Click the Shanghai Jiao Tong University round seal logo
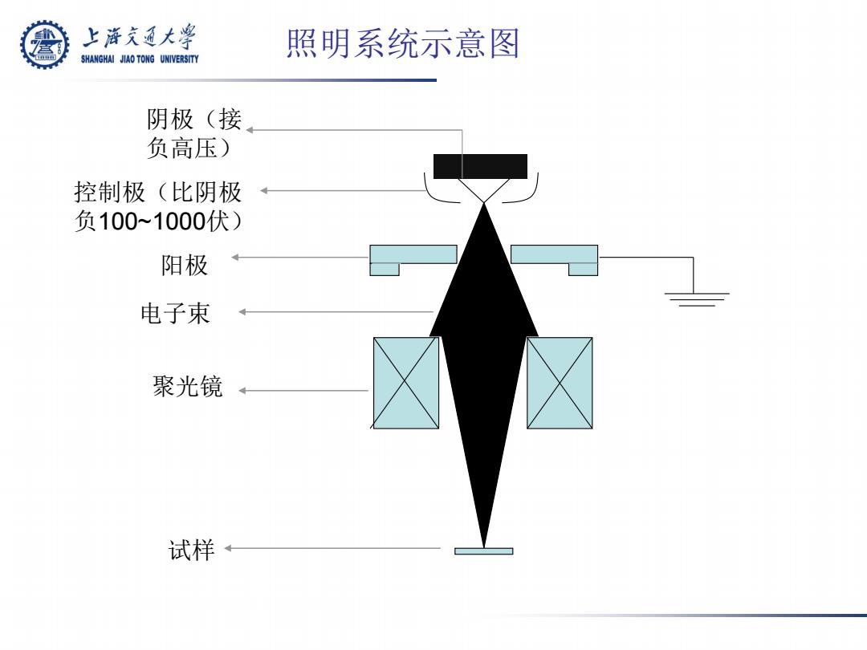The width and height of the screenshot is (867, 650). tap(45, 45)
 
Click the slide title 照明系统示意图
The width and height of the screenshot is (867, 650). tap(403, 43)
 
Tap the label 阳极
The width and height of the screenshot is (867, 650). tap(185, 266)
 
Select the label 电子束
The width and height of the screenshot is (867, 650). tap(175, 314)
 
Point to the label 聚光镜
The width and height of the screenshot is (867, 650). tap(187, 386)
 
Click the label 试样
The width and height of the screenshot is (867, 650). tap(191, 550)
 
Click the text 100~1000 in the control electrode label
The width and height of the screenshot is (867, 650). tap(152, 221)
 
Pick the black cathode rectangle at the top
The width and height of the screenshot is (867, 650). tap(480, 166)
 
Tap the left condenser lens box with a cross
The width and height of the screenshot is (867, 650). tap(406, 383)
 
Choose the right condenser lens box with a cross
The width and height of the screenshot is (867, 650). tap(560, 383)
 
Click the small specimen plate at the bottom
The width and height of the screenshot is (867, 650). tap(484, 551)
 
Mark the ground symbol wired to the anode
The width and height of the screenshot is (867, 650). tap(697, 299)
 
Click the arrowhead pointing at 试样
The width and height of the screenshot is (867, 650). tap(228, 548)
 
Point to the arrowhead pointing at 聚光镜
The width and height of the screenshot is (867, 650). tap(242, 390)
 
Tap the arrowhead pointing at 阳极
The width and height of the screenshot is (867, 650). tap(235, 257)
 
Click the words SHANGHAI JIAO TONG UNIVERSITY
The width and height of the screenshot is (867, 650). tap(140, 59)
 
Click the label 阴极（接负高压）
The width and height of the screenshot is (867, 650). tap(194, 133)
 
